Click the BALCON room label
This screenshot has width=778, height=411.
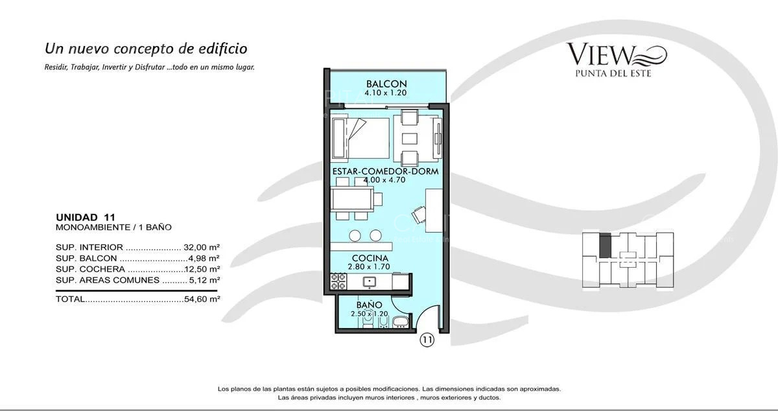[x=386, y=84]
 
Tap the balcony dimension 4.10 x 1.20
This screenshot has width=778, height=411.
[x=386, y=93]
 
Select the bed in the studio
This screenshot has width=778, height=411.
[x=360, y=137]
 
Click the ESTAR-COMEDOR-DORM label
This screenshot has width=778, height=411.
[x=385, y=172]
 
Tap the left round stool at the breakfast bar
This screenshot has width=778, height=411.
[x=355, y=235]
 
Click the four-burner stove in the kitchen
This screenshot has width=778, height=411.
[x=338, y=281]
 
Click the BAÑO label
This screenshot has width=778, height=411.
[x=368, y=305]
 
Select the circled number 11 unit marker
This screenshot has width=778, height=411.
[x=427, y=339]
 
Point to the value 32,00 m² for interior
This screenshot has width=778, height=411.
[x=202, y=247]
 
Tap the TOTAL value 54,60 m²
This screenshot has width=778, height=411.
[x=202, y=299]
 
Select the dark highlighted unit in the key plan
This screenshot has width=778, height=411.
[x=605, y=246]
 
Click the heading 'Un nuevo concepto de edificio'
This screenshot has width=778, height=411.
[x=146, y=49]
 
